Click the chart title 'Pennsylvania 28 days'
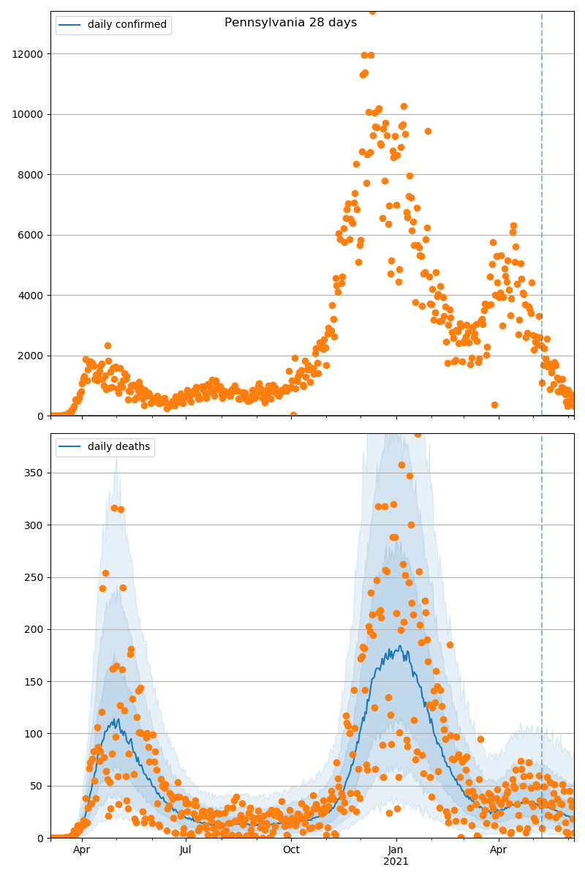(x=290, y=23)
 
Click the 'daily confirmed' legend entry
(x=127, y=25)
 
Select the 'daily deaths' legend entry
(x=118, y=446)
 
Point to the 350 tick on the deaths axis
(x=35, y=473)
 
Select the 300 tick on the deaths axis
(x=35, y=525)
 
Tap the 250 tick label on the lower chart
(x=35, y=577)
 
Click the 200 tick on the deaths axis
(x=35, y=629)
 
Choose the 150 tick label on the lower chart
(x=35, y=682)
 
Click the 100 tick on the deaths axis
(x=35, y=734)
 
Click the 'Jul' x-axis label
(x=186, y=850)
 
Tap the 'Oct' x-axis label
(x=291, y=850)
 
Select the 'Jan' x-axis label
(x=396, y=850)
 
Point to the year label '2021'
(x=396, y=862)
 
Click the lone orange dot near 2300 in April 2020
(x=107, y=345)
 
